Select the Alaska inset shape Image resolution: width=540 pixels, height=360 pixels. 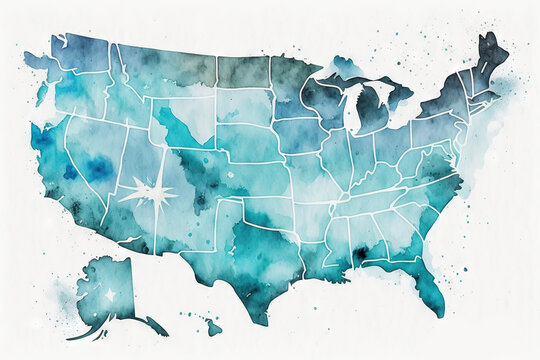pos(110,290)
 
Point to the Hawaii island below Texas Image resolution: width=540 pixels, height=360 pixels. pos(213,326)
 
